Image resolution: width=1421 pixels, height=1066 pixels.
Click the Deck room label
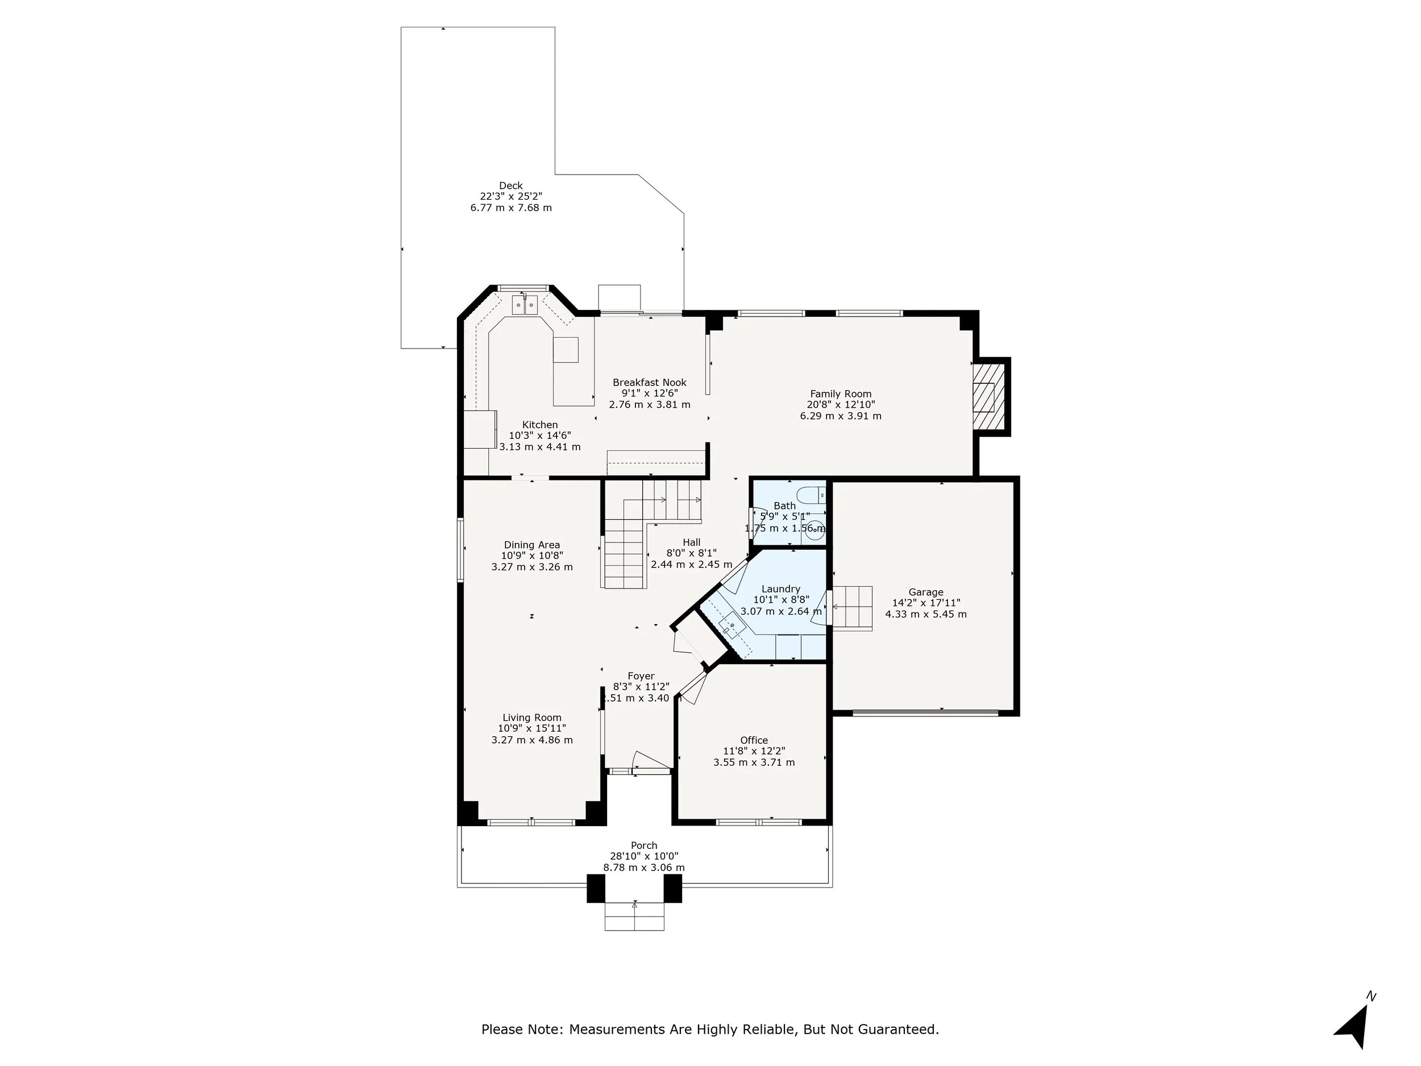[x=511, y=186]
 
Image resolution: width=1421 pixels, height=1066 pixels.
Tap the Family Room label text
[x=840, y=394]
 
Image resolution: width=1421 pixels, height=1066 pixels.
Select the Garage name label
[x=926, y=592]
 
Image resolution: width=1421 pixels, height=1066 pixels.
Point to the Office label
[x=754, y=740]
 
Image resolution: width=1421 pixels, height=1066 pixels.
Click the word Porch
[x=643, y=845]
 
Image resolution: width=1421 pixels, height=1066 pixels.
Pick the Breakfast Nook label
[x=650, y=382]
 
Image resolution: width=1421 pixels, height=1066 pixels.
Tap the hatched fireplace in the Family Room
[x=988, y=396]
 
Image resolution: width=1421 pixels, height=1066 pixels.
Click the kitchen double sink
[x=524, y=305]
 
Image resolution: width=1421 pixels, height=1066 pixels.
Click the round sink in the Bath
[x=815, y=529]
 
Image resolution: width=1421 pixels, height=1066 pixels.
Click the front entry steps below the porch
[x=635, y=916]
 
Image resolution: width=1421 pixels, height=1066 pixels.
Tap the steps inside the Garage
[x=853, y=608]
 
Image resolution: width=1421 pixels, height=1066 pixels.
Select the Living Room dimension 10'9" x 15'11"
[x=532, y=729]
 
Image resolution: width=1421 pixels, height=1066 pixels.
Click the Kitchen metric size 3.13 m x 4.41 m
[x=539, y=446]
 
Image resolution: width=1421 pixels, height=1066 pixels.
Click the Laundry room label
[x=780, y=588]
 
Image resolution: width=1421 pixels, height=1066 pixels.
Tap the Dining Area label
[x=532, y=545]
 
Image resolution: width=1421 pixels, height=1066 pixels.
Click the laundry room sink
[x=730, y=626]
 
